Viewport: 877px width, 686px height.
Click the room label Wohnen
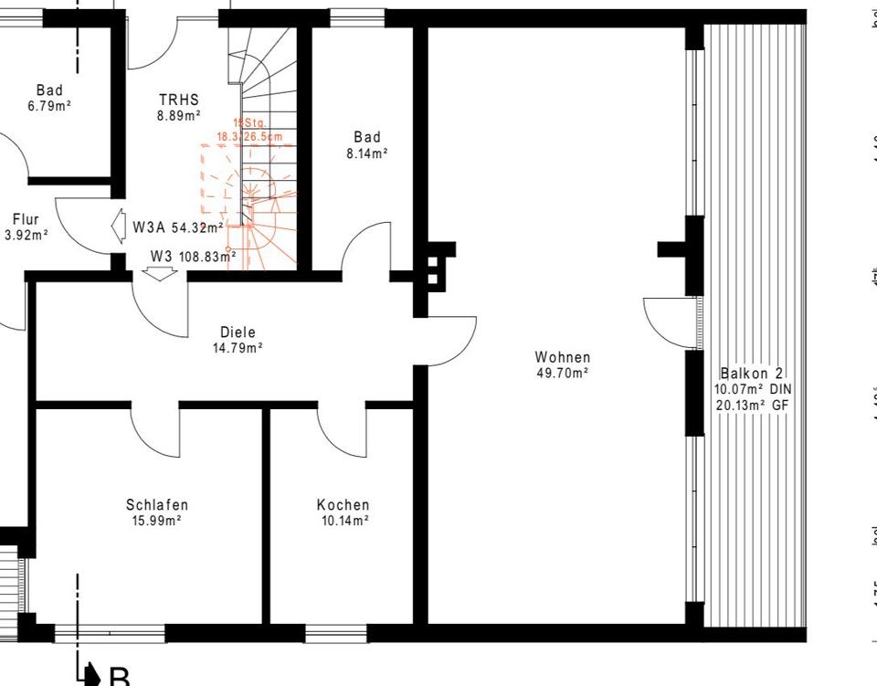point(563,357)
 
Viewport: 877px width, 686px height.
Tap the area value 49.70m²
point(563,373)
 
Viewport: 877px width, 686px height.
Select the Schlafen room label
point(157,505)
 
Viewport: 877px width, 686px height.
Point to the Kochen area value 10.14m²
point(343,521)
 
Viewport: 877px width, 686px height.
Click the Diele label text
point(238,332)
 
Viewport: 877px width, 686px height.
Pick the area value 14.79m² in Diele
point(238,348)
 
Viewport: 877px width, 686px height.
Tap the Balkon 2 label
point(751,374)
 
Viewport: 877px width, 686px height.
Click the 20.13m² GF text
point(751,405)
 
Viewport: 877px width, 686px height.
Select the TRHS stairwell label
point(178,100)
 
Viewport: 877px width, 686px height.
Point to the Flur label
point(26,219)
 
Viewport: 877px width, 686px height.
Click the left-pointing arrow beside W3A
point(117,226)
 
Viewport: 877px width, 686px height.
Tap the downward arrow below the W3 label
point(159,272)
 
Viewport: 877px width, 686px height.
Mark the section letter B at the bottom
point(120,677)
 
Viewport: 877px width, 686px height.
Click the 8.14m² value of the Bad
point(366,153)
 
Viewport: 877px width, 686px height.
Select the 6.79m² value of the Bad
point(49,106)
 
